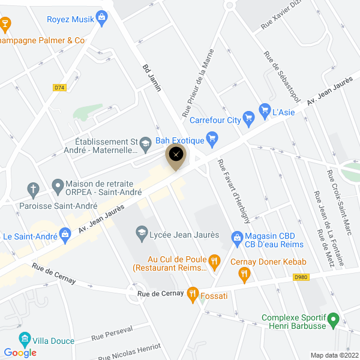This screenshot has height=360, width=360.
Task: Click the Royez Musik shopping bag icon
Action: tap(103, 19)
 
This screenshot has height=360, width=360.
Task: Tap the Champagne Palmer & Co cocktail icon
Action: tap(5, 25)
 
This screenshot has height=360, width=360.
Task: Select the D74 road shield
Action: tap(59, 88)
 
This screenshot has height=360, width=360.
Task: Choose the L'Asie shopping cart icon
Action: tap(264, 110)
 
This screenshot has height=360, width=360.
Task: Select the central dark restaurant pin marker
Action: tap(176, 155)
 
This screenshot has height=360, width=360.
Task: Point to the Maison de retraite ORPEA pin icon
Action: tap(58, 184)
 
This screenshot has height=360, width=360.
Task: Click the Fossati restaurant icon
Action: tap(193, 294)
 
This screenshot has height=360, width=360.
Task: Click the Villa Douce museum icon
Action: tap(25, 340)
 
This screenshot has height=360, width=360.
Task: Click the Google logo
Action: tap(20, 353)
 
